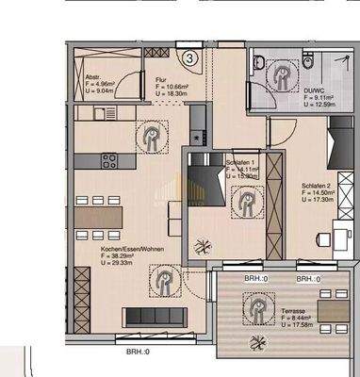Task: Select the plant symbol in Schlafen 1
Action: (201, 247)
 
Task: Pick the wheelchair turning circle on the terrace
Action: (255, 307)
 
